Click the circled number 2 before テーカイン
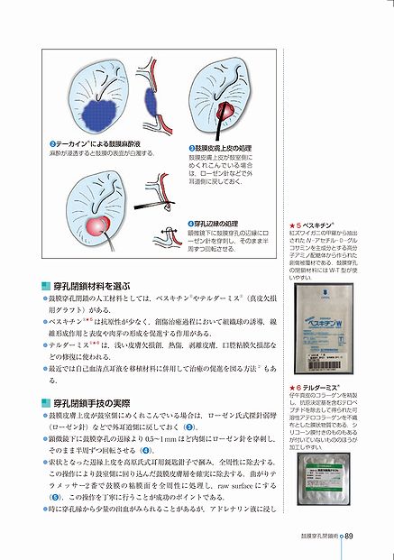pos(54,143)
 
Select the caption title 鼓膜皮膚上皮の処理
pos(223,147)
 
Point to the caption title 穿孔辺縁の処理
pos(217,223)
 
